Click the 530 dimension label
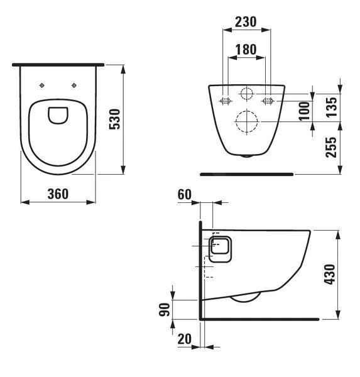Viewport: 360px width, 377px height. point(115,118)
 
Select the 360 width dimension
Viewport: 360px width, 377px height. point(58,194)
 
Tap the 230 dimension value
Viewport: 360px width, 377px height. point(246,21)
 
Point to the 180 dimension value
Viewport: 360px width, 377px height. point(246,49)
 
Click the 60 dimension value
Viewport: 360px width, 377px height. point(183,194)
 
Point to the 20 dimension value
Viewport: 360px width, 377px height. point(184,339)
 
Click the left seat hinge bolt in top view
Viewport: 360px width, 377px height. point(41,85)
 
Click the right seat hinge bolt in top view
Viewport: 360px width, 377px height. point(75,85)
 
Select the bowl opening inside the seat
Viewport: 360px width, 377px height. point(58,115)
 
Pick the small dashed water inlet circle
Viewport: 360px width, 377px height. point(246,95)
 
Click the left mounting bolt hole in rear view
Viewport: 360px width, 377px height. point(225,99)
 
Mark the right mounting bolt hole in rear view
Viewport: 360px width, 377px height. point(268,99)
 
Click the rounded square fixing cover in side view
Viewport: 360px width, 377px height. point(220,249)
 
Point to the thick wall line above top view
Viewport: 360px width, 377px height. point(58,64)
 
